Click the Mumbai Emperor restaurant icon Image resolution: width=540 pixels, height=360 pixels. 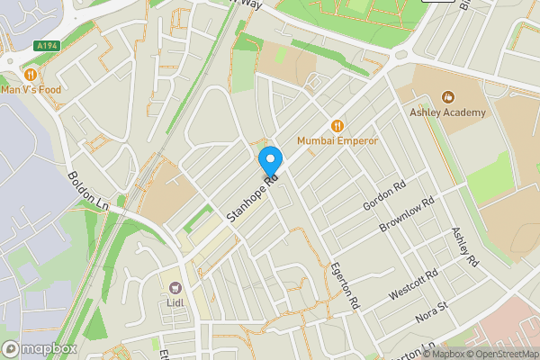[x=338, y=127]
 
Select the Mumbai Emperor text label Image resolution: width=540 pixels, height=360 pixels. [x=338, y=141]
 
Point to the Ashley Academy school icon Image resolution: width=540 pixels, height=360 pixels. [x=447, y=97]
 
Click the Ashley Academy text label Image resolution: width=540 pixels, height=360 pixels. [x=447, y=112]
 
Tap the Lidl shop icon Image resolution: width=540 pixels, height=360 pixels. [x=175, y=288]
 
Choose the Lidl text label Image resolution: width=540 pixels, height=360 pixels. [x=175, y=303]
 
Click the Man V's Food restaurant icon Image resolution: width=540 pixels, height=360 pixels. [x=31, y=74]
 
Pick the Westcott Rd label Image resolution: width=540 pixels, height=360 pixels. [x=413, y=284]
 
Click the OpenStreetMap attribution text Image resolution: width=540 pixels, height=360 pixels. [x=500, y=353]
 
